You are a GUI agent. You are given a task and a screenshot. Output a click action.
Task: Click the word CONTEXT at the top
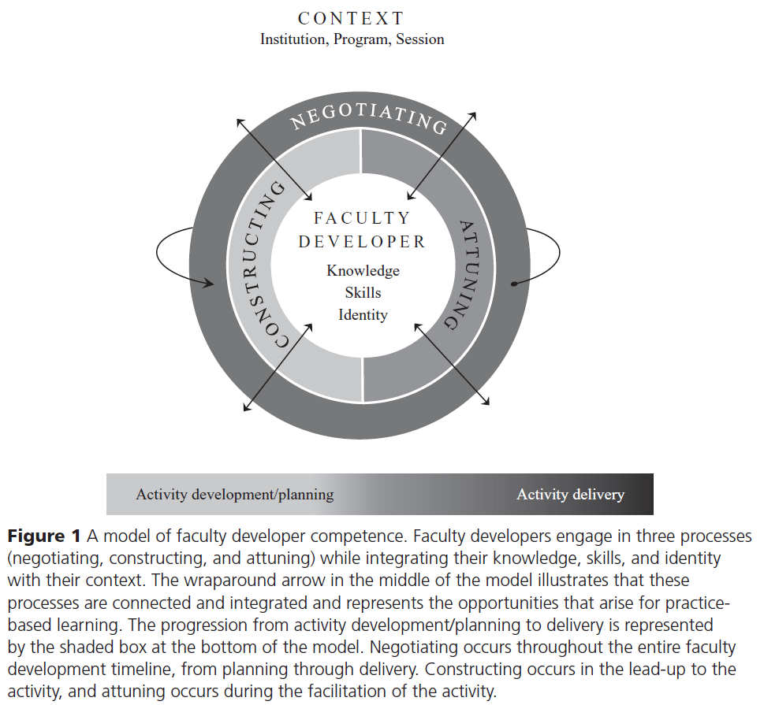[352, 18]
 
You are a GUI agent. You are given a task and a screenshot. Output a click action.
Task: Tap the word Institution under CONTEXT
[293, 39]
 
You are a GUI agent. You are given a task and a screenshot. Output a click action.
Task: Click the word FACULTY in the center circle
[362, 218]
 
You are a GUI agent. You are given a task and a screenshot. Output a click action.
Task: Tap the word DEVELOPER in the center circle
[362, 242]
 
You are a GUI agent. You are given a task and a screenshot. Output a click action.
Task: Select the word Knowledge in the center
[363, 270]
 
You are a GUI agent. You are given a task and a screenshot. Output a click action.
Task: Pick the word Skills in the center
[363, 292]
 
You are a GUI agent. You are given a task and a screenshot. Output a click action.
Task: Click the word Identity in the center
[363, 314]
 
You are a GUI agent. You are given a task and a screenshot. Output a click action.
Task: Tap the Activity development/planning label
[235, 495]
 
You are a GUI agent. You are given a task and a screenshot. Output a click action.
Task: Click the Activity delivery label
[570, 495]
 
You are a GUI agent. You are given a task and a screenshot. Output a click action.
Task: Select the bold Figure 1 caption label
[44, 537]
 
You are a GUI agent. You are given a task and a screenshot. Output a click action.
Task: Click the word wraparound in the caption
[166, 581]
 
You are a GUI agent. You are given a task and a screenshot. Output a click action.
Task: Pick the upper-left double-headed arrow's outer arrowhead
[239, 121]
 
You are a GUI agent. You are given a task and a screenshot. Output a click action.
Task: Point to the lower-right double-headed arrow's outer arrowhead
[486, 406]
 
